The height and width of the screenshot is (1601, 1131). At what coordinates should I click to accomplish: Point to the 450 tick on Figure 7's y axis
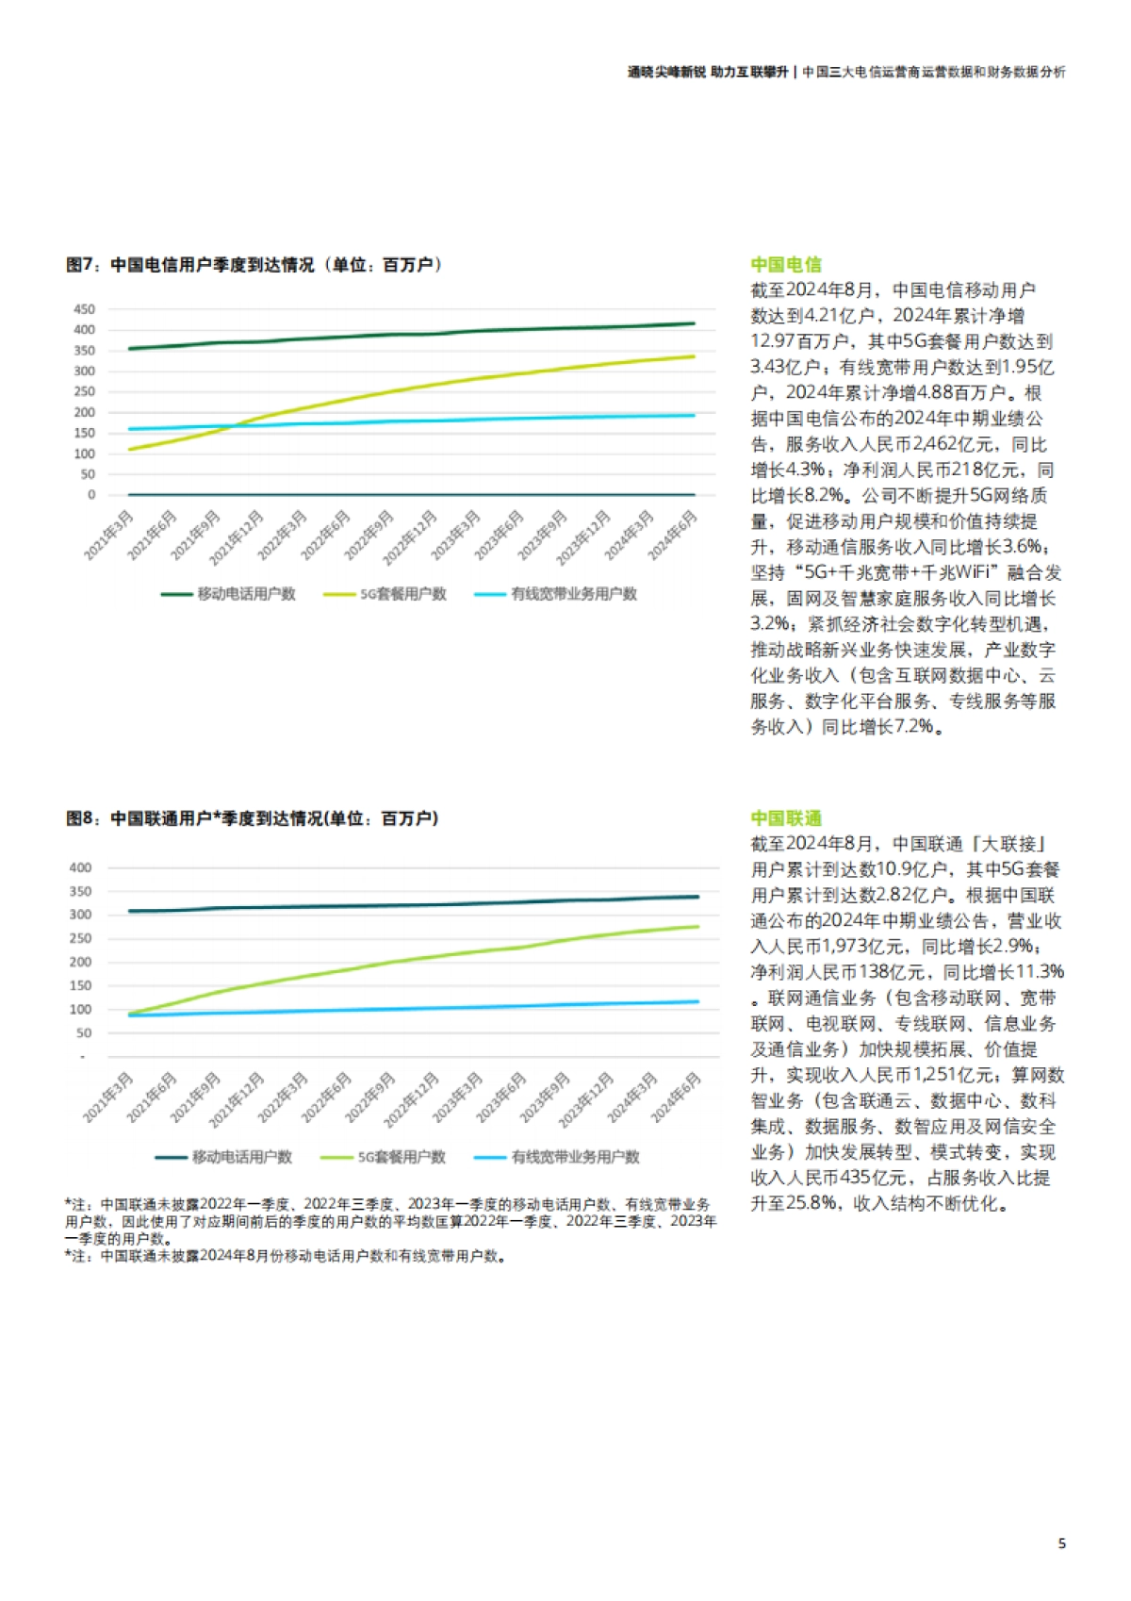click(84, 309)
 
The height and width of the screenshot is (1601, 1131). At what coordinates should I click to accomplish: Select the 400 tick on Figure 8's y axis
click(81, 867)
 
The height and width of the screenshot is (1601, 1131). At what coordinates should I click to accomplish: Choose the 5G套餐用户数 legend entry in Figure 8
click(384, 1157)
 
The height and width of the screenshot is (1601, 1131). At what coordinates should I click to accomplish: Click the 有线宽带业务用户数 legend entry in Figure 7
click(556, 594)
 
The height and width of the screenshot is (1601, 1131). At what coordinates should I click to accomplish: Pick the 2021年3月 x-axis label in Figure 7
click(110, 535)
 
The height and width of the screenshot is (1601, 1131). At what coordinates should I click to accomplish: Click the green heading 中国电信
click(786, 265)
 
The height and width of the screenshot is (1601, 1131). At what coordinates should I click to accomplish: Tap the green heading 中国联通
click(786, 818)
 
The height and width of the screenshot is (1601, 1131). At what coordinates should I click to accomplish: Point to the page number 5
click(1062, 1543)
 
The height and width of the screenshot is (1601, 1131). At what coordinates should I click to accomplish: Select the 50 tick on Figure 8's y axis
click(84, 1033)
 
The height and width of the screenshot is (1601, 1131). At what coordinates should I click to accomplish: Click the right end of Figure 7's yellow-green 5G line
click(694, 356)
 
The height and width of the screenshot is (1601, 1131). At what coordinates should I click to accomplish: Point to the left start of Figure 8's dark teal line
click(129, 911)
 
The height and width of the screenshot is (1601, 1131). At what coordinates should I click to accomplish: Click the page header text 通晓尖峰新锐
click(666, 72)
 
